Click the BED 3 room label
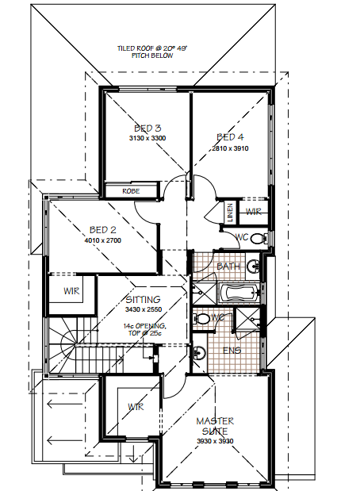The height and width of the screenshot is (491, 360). pyautogui.click(x=147, y=129)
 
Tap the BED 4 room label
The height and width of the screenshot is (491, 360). pyautogui.click(x=230, y=137)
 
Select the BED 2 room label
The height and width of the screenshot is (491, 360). pyautogui.click(x=102, y=230)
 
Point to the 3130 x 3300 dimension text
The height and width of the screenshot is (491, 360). pyautogui.click(x=147, y=138)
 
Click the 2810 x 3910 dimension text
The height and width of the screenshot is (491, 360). pyautogui.click(x=230, y=148)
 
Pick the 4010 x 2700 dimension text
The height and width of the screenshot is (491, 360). pyautogui.click(x=102, y=240)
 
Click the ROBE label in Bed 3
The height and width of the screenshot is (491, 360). pyautogui.click(x=131, y=191)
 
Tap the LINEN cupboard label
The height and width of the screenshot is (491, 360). pyautogui.click(x=230, y=213)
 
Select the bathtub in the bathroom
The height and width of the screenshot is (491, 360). pyautogui.click(x=239, y=293)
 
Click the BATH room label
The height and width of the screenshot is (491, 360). pyautogui.click(x=228, y=267)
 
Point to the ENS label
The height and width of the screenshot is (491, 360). pyautogui.click(x=232, y=351)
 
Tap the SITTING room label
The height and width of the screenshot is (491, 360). pyautogui.click(x=143, y=300)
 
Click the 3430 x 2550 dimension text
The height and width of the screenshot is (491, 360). pyautogui.click(x=144, y=309)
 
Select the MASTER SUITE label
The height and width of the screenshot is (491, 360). pyautogui.click(x=215, y=426)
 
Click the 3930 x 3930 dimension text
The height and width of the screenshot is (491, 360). pyautogui.click(x=215, y=441)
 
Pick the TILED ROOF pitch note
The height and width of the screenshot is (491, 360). pyautogui.click(x=152, y=52)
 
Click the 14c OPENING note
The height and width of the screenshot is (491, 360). pyautogui.click(x=144, y=329)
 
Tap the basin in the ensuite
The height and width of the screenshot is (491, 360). pyautogui.click(x=198, y=352)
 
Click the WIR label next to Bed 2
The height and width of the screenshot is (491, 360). pyautogui.click(x=71, y=291)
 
